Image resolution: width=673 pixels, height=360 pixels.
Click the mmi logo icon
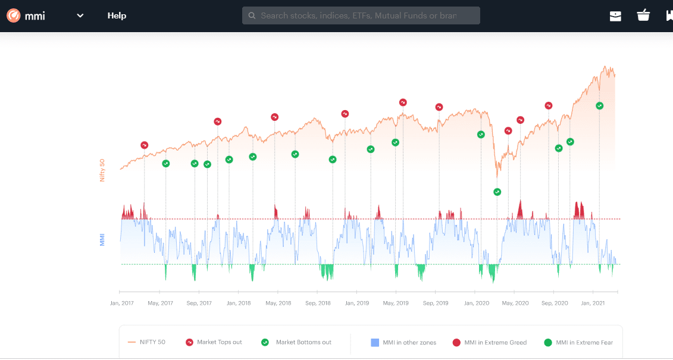pos(14,16)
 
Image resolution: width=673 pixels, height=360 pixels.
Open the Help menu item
pos(117,16)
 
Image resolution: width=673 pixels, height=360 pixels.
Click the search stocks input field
pos(361,16)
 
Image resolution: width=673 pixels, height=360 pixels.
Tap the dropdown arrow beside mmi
pos(80,16)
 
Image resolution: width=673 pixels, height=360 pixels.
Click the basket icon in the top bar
pos(643,16)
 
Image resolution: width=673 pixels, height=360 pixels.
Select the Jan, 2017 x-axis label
pos(122,303)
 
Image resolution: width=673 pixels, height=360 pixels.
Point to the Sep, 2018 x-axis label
pos(318,303)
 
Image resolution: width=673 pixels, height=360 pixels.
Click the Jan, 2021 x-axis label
pos(593,303)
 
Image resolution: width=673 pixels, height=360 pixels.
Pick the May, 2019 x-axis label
pos(397,303)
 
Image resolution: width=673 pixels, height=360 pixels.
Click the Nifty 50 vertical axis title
pos(102,170)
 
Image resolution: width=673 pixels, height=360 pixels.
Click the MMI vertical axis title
pos(102,239)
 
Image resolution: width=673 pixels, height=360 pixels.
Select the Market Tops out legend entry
pos(214,343)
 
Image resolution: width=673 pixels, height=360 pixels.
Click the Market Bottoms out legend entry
pos(296,343)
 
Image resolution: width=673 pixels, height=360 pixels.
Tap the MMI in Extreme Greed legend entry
pos(489,343)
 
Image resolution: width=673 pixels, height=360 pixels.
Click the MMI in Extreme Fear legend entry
pos(578,343)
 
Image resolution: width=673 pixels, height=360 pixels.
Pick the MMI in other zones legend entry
pos(403,343)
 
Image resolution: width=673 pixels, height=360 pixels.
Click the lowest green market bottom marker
pos(497,192)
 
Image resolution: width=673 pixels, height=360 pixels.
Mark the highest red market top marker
pos(403,102)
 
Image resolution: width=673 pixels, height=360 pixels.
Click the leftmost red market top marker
pos(145,145)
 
